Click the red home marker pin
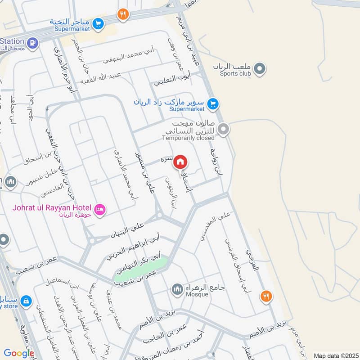[180, 161]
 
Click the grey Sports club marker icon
[259, 69]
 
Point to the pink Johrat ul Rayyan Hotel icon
[100, 209]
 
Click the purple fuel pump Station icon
[32, 43]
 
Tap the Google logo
[19, 353]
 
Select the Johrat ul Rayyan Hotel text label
[51, 209]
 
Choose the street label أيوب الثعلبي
[172, 80]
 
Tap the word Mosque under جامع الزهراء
[197, 294]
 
